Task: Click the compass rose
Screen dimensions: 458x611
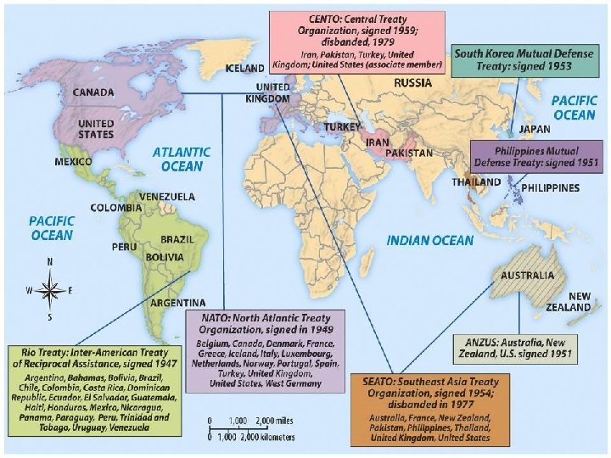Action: tap(50, 290)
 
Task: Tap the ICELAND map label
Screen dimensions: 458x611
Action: tap(244, 67)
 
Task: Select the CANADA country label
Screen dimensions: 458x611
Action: tap(94, 92)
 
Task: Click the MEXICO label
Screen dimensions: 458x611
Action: tap(74, 161)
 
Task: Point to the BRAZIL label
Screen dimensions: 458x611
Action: tap(177, 240)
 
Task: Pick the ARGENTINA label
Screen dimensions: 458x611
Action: tap(177, 303)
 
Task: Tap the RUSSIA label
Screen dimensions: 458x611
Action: tap(413, 83)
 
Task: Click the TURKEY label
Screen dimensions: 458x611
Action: tap(343, 126)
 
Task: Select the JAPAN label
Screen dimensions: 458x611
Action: tap(534, 129)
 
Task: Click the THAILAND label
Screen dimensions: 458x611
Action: tap(476, 182)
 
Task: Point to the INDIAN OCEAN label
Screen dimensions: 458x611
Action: tap(429, 241)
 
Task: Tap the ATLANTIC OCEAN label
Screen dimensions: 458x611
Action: tap(182, 159)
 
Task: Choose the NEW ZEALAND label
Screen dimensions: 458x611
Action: tap(568, 302)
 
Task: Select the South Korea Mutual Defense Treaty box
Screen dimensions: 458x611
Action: tap(523, 59)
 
